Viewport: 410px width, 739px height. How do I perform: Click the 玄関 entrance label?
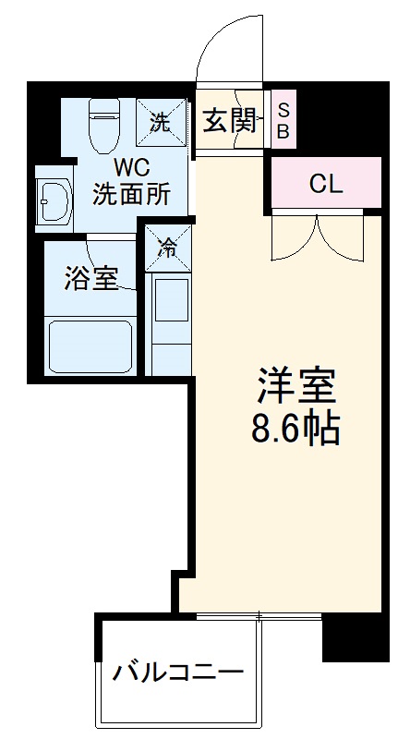[x=231, y=121]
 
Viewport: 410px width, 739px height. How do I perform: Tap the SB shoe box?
[x=283, y=121]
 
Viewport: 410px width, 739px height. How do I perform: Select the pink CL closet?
[x=325, y=183]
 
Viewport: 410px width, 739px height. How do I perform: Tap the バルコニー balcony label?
[x=178, y=672]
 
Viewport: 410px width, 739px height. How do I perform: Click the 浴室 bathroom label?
[x=90, y=279]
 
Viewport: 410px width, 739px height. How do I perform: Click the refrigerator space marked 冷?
[x=167, y=247]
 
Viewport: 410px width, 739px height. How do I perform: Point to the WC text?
[x=128, y=168]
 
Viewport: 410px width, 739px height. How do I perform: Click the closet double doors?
[x=319, y=236]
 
